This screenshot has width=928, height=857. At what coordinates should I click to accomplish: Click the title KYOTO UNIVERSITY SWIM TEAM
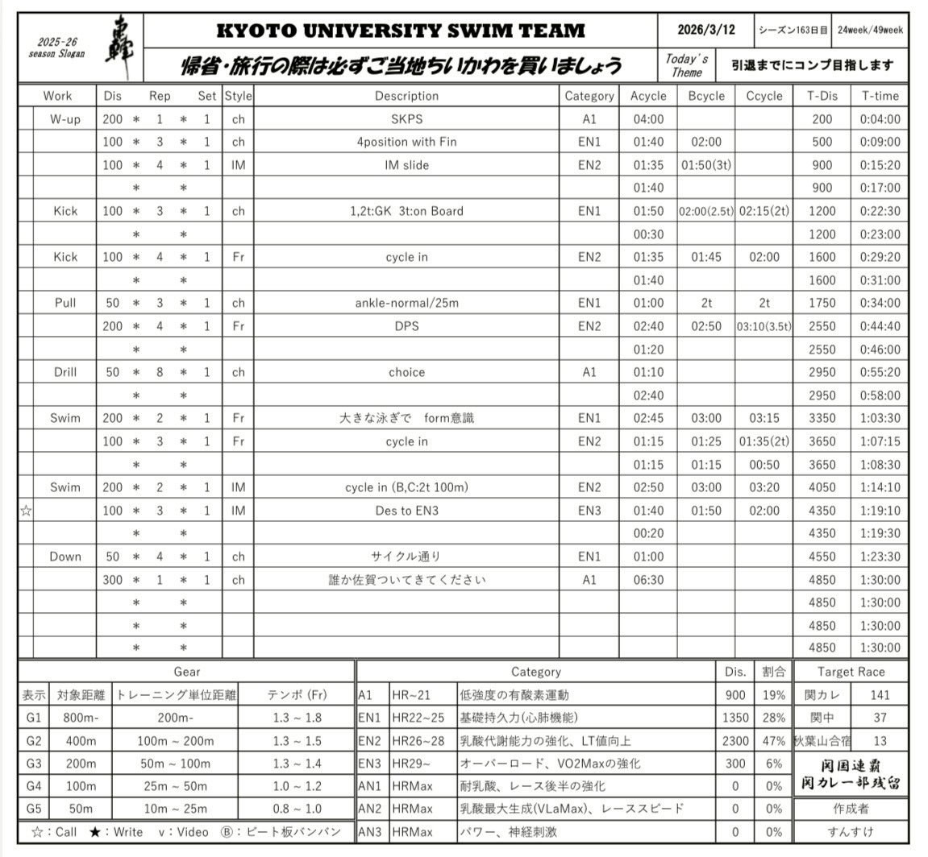(401, 31)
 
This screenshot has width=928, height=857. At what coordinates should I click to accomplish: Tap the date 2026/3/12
(705, 30)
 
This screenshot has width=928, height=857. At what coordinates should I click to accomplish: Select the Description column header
(406, 96)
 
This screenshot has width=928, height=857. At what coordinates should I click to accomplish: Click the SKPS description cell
(406, 119)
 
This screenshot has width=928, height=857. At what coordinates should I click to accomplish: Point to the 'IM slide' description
(406, 165)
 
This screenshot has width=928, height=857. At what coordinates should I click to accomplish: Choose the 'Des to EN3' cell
(406, 511)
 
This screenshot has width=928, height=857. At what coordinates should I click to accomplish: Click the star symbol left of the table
(26, 511)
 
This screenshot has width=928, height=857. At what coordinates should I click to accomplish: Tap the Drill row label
(65, 372)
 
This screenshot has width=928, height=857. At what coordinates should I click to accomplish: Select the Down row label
(65, 557)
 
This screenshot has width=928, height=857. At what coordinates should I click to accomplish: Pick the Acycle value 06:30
(648, 580)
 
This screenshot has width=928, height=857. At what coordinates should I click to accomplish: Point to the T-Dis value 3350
(822, 418)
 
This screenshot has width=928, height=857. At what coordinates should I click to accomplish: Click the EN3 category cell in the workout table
(589, 511)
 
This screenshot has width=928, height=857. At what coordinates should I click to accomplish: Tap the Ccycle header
(764, 96)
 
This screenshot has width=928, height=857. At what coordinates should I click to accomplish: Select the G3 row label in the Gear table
(32, 764)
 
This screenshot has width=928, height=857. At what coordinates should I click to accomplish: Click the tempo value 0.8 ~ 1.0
(297, 809)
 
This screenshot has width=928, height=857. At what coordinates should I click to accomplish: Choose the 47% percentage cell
(774, 741)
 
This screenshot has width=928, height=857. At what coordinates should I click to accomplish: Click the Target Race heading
(851, 672)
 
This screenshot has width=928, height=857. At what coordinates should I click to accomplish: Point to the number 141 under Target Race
(880, 695)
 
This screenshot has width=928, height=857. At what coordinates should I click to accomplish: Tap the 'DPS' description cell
(406, 326)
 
